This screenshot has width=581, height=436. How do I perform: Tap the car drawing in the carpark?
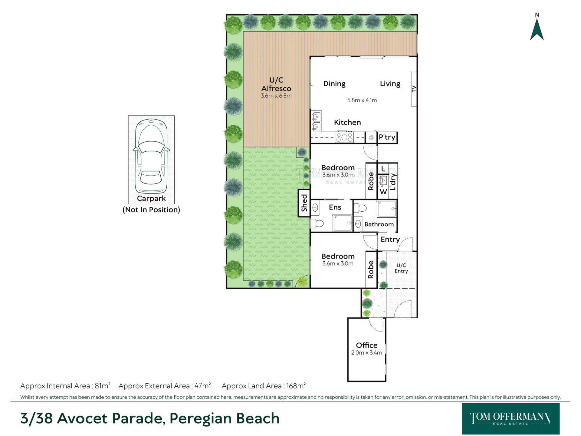[151, 156]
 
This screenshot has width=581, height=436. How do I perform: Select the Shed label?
[304, 203]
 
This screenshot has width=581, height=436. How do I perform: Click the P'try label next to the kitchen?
[387, 137]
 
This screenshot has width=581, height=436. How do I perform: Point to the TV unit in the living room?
[414, 89]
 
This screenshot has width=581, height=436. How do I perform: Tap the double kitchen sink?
[316, 121]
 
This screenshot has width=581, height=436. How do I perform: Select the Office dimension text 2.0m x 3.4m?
[366, 353]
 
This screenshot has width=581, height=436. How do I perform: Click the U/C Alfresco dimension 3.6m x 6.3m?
[276, 96]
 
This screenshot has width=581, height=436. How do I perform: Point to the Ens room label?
[335, 207]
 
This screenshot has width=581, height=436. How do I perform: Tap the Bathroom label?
[379, 224]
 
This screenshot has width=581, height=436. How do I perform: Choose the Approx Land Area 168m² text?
[264, 386]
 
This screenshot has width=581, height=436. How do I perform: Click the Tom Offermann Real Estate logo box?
[511, 419]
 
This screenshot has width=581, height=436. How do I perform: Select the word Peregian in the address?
[200, 419]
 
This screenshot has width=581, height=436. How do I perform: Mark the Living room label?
[390, 84]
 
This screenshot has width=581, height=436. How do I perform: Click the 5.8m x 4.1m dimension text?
[362, 100]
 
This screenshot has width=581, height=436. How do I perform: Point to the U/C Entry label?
[401, 268]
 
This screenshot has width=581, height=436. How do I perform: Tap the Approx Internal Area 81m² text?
[65, 386]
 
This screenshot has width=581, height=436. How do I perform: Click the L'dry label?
[393, 181]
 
